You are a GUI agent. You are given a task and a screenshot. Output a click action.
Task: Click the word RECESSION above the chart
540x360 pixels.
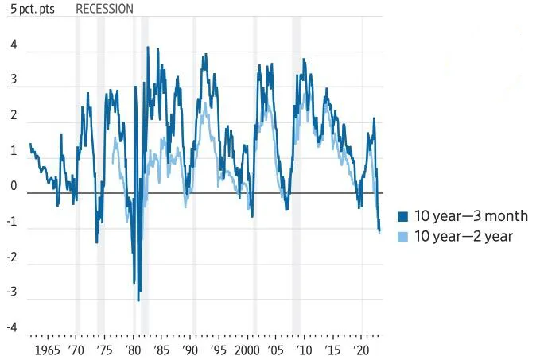coord(104,9)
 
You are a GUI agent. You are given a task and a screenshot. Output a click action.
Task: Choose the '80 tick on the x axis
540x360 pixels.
coord(134,350)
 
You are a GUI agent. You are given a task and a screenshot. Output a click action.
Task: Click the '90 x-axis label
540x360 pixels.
coord(190,350)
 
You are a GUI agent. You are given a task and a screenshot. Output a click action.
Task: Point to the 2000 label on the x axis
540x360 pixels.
coord(247,350)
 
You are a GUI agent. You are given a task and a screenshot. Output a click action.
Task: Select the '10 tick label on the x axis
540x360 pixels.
coord(305,350)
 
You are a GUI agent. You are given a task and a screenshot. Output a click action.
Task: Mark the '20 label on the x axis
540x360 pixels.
coord(362,350)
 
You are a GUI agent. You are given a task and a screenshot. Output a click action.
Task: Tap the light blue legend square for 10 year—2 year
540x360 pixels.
coord(402,236)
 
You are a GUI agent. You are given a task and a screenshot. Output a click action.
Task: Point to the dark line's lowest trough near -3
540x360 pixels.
coord(138,300)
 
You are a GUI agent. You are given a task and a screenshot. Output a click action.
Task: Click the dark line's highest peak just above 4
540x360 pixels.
coord(148,48)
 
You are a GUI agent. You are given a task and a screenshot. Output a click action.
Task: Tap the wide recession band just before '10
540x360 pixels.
coord(296,175)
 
